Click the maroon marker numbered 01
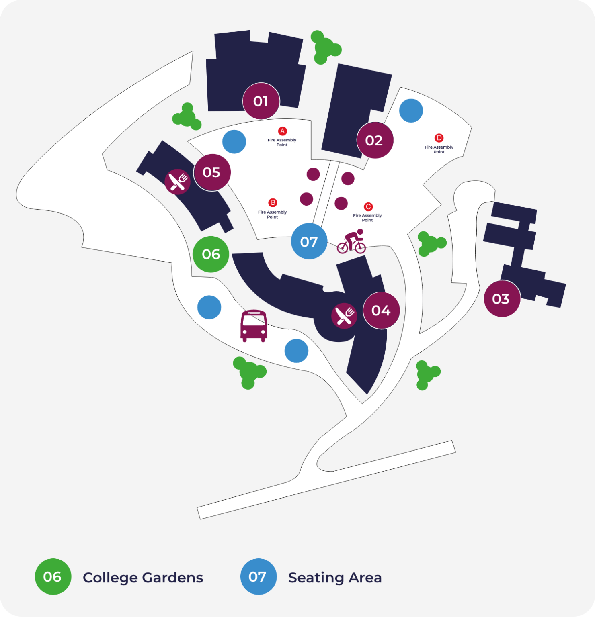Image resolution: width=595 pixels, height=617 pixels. click(261, 101)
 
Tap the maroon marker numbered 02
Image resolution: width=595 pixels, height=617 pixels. click(375, 140)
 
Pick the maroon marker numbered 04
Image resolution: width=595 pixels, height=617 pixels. click(381, 311)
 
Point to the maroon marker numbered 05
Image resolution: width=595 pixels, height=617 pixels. click(212, 172)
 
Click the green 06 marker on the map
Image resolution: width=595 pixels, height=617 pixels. click(211, 254)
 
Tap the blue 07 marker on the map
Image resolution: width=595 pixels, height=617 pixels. click(309, 241)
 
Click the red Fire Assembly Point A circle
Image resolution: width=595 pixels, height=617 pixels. click(282, 131)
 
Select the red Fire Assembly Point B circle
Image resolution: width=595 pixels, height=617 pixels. click(273, 203)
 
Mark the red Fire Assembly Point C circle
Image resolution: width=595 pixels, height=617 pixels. click(368, 207)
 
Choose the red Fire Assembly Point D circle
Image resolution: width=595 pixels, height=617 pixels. click(439, 138)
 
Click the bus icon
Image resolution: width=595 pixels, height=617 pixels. click(254, 325)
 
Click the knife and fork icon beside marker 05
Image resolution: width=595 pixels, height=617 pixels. click(177, 182)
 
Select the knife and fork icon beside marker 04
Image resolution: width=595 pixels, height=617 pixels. click(344, 316)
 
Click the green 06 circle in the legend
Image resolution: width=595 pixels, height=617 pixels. click(53, 576)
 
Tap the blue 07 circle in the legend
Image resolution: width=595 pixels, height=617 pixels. click(259, 576)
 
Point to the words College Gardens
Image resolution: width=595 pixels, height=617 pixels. click(143, 578)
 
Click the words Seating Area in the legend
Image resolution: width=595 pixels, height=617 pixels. click(334, 578)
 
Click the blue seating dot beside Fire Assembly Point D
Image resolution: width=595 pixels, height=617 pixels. click(411, 110)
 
